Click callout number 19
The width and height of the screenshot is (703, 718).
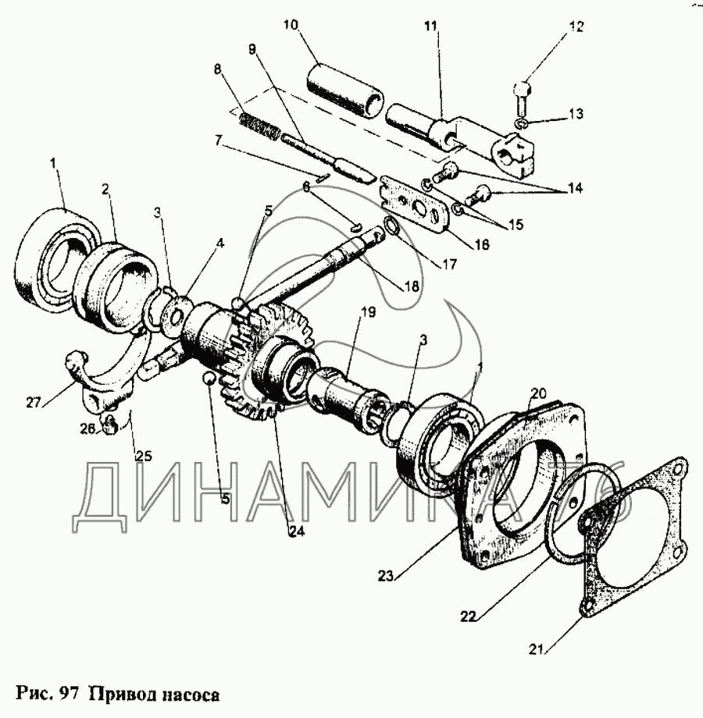[x=368, y=312]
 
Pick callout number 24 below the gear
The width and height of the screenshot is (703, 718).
[x=295, y=531]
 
